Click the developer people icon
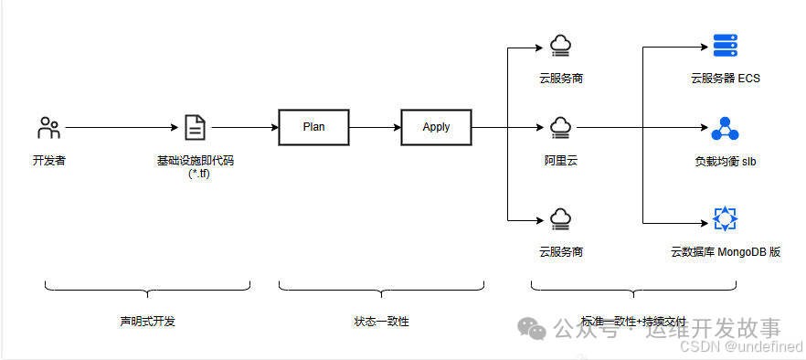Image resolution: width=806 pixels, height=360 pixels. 49,128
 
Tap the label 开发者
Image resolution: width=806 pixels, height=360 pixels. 49,161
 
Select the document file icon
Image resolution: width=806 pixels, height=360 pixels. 195,128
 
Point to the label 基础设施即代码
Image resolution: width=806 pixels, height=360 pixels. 195,160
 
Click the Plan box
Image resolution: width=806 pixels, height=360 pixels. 313,127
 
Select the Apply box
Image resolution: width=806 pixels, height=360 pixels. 436,127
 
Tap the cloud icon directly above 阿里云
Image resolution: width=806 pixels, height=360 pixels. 559,127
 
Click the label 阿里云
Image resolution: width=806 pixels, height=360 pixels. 559,160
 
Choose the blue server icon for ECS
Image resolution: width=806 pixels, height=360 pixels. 725,45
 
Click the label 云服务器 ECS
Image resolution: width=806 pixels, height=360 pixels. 725,79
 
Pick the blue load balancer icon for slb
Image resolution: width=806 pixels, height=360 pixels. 725,128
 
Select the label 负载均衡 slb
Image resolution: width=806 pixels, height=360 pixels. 725,162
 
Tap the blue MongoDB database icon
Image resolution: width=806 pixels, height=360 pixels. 725,219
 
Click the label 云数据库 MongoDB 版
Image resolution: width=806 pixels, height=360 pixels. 725,251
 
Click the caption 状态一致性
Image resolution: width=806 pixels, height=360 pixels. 381,322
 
